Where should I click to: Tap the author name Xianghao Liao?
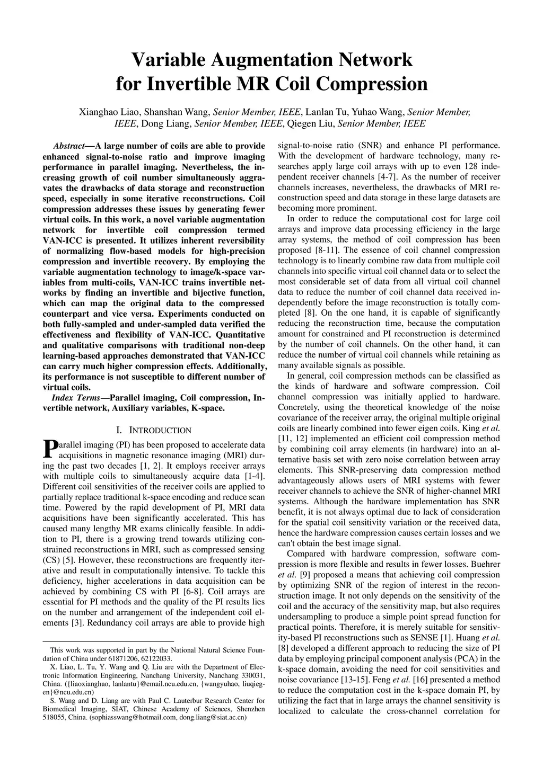(109, 112)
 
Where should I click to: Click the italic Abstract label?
(69, 146)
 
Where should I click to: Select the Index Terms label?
(76, 398)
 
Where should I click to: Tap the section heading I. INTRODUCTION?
(153, 430)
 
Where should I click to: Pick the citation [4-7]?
(389, 177)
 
